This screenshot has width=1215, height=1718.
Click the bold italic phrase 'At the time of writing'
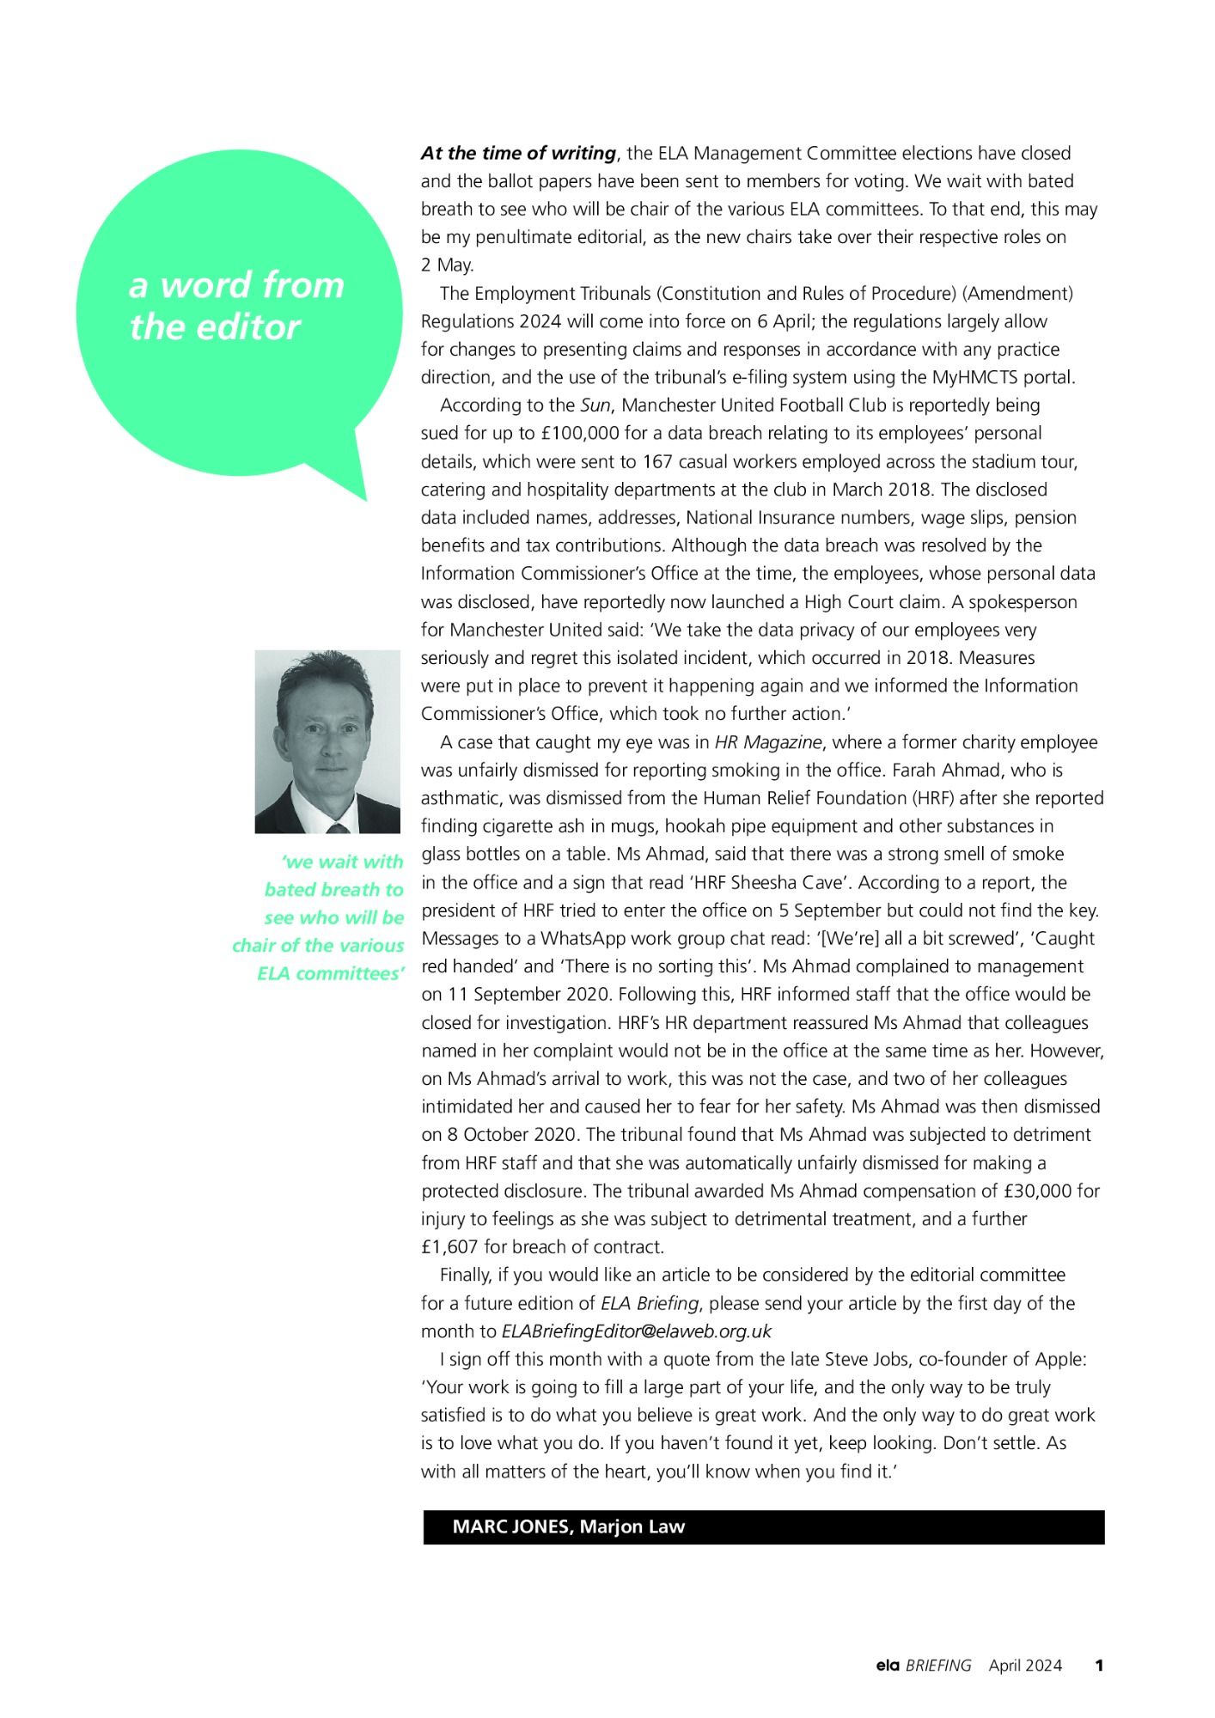tap(518, 154)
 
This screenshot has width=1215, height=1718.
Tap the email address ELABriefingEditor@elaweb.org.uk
tap(636, 1331)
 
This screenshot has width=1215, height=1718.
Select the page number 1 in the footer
tap(1098, 1666)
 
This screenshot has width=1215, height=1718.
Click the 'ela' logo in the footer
tap(887, 1666)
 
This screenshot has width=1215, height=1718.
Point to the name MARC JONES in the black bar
tap(510, 1526)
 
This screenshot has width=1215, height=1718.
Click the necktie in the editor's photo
tap(338, 827)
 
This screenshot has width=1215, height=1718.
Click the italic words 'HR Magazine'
tap(769, 742)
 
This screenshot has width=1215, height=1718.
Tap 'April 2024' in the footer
tap(1025, 1666)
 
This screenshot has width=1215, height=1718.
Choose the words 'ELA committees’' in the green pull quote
tap(331, 974)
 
